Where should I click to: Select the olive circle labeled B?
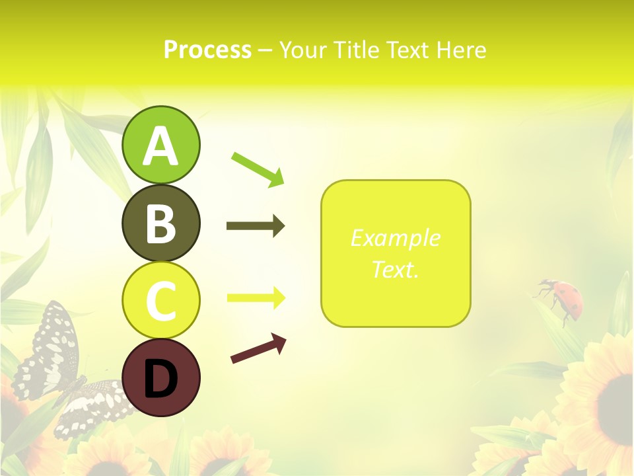160,223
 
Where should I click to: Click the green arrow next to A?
258,169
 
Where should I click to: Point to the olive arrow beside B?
255,226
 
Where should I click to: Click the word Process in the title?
207,50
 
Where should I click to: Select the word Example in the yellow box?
395,238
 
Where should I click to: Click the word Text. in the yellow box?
395,269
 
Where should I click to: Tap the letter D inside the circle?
160,379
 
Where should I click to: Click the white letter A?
160,147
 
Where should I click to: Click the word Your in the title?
301,50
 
